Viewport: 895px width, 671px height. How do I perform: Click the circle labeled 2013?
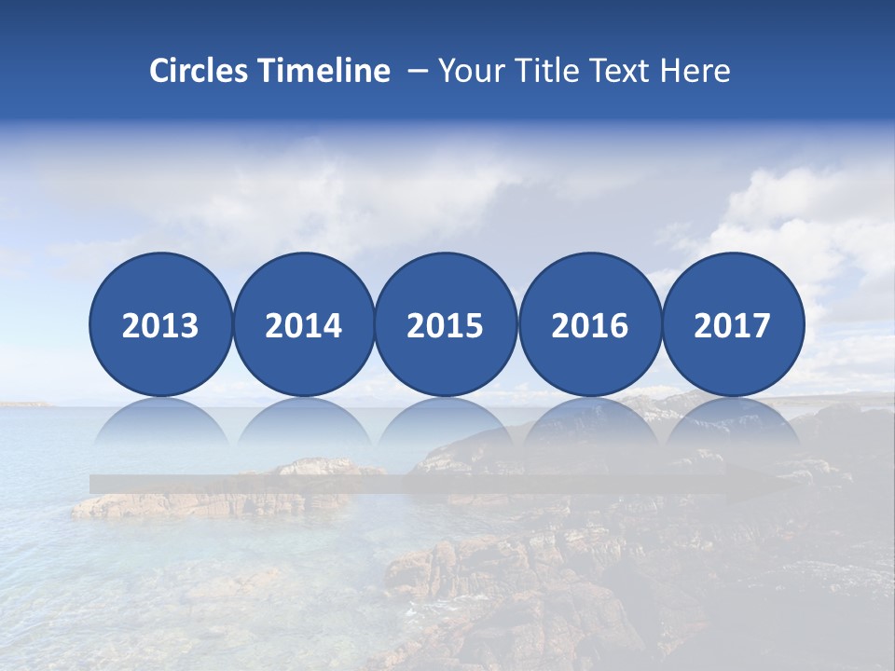pyautogui.click(x=160, y=324)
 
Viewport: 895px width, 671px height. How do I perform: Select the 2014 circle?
pyautogui.click(x=304, y=324)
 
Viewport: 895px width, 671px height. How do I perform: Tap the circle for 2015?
pyautogui.click(x=446, y=324)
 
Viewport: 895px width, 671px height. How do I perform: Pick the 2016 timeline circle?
pyautogui.click(x=590, y=324)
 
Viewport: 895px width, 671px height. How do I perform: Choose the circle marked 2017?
pyautogui.click(x=733, y=324)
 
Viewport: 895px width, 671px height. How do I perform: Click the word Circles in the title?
pyautogui.click(x=199, y=71)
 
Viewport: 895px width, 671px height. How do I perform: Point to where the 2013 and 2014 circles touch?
pyautogui.click(x=232, y=324)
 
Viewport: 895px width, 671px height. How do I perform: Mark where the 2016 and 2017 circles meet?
pyautogui.click(x=661, y=324)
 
